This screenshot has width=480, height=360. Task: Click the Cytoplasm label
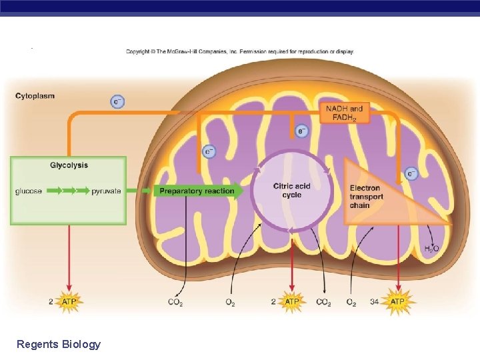click(x=35, y=96)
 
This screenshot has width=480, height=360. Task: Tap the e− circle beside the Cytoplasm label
click(x=117, y=102)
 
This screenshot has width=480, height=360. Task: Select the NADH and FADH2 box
click(x=345, y=113)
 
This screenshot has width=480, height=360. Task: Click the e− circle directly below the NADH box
click(x=302, y=131)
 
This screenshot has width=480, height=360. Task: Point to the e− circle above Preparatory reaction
click(x=209, y=152)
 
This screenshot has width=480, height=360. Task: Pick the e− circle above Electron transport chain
click(x=411, y=174)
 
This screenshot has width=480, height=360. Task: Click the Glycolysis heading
click(x=69, y=165)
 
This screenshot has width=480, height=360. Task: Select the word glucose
click(x=29, y=191)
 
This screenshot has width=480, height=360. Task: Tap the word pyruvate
click(x=106, y=191)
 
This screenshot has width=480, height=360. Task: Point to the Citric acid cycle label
click(x=291, y=190)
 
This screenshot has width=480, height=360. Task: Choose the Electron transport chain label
click(x=366, y=197)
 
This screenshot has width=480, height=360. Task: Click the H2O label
click(x=431, y=249)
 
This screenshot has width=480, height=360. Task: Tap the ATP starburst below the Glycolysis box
click(x=69, y=302)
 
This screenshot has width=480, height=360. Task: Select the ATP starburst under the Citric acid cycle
click(x=292, y=302)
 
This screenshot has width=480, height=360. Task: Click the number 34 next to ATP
click(x=373, y=302)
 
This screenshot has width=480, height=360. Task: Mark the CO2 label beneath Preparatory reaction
click(x=175, y=303)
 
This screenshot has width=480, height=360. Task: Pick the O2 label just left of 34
click(x=351, y=303)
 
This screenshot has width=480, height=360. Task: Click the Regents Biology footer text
click(x=59, y=344)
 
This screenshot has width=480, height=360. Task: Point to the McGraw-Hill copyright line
click(x=240, y=51)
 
